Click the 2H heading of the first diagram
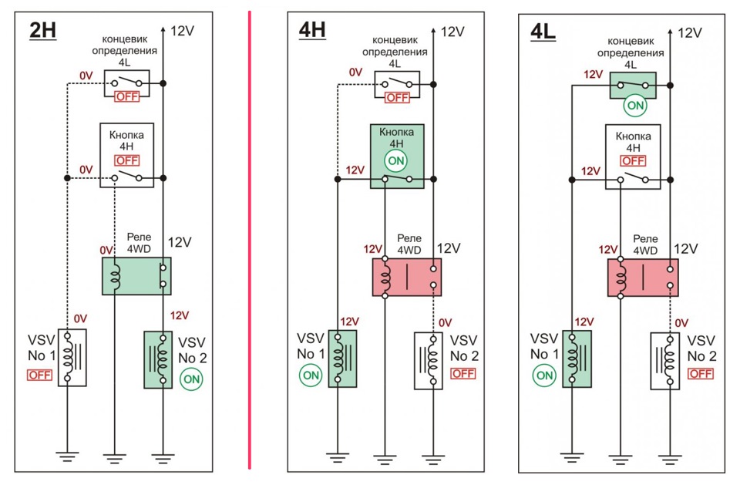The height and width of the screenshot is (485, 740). click(42, 32)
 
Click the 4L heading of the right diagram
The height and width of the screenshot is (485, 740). click(544, 33)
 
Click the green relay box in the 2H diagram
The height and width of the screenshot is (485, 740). click(136, 276)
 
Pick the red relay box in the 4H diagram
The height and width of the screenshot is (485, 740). click(407, 278)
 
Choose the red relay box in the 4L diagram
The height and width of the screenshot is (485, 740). click(643, 278)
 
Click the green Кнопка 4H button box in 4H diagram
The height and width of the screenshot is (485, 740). click(396, 157)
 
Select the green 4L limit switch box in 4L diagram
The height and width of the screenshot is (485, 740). click(632, 85)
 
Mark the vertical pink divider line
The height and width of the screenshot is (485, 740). click(250, 239)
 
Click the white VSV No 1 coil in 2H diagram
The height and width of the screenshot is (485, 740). click(72, 358)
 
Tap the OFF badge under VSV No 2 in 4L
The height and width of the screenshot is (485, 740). click(701, 373)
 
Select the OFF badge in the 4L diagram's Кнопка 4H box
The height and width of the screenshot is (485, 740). click(633, 160)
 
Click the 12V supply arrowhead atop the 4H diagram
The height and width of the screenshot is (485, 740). click(434, 30)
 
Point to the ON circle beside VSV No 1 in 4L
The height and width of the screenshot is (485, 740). click(544, 376)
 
